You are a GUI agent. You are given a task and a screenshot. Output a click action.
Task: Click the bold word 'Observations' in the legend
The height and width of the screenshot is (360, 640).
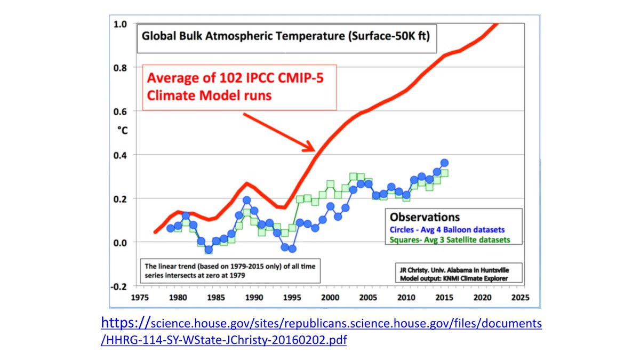[425, 218]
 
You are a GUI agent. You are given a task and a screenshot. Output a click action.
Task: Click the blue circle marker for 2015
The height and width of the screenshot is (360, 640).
[444, 163]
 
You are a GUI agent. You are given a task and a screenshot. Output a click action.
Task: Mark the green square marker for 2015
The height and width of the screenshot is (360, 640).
[444, 173]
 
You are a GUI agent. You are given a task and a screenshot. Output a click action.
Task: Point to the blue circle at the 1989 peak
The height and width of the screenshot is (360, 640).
[246, 201]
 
